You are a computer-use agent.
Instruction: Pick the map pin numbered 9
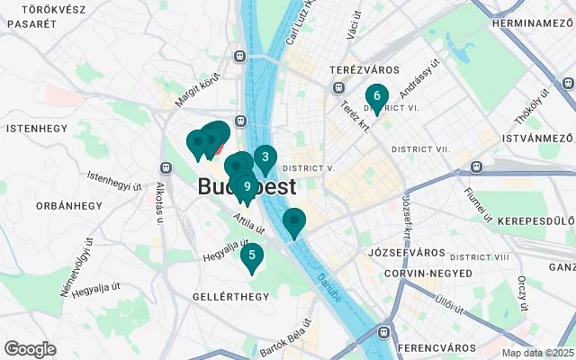(x=247, y=186)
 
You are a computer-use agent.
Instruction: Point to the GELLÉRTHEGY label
(x=230, y=296)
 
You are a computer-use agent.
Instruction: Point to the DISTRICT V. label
(x=309, y=168)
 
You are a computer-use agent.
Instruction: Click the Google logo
(x=30, y=349)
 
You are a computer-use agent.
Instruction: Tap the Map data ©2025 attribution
(x=537, y=354)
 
